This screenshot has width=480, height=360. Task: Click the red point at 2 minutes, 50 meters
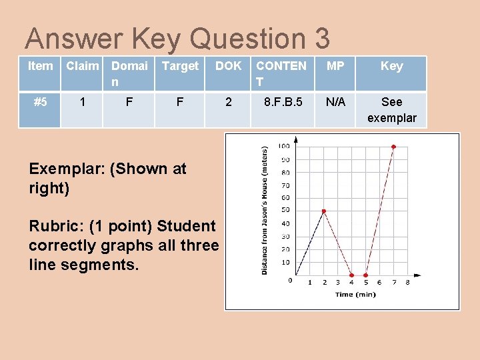coord(324,211)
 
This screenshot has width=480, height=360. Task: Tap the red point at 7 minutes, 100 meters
coord(393,147)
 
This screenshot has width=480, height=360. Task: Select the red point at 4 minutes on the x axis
coord(352,275)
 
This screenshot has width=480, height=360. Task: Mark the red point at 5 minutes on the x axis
coord(365,275)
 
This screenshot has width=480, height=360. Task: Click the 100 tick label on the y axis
coord(283,147)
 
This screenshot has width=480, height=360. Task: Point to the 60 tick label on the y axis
coord(285,198)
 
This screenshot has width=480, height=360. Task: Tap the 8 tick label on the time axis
coord(407,283)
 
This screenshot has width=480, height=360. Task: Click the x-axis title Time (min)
coord(354,294)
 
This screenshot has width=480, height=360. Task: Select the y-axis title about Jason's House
coord(265,210)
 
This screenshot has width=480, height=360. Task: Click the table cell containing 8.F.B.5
coord(282,102)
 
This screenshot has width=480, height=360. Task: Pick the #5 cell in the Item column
coord(41,102)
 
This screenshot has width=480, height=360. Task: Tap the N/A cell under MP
coord(335,102)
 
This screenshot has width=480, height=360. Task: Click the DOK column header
coord(229,66)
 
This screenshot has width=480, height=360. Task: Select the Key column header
coord(391,66)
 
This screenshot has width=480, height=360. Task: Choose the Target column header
coord(180,66)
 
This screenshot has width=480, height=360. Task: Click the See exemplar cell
coord(391,110)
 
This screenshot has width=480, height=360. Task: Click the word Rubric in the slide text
coord(53,227)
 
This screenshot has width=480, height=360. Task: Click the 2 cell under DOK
coord(229,102)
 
